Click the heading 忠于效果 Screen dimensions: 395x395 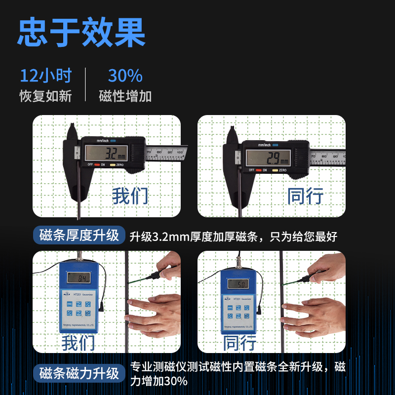pyautogui.click(x=81, y=33)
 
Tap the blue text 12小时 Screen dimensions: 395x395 pyautogui.click(x=45, y=76)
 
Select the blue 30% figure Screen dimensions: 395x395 pyautogui.click(x=125, y=76)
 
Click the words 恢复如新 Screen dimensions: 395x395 pyautogui.click(x=45, y=96)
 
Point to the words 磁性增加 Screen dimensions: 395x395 pyautogui.click(x=125, y=96)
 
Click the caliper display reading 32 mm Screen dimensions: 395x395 pyautogui.click(x=107, y=153)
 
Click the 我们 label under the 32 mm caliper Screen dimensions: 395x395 pyautogui.click(x=130, y=196)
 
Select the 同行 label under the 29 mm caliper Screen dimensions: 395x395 pyautogui.click(x=306, y=196)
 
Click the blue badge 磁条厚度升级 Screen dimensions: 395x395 pyautogui.click(x=79, y=236)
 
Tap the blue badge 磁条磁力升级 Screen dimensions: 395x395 pyautogui.click(x=79, y=373)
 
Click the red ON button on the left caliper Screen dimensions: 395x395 pyautogui.click(x=97, y=164)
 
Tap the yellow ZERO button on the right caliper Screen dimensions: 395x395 pyautogui.click(x=275, y=170)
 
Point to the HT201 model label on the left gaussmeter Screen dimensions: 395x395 pyautogui.click(x=78, y=295)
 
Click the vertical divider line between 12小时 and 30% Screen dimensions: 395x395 pyautogui.click(x=85, y=84)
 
